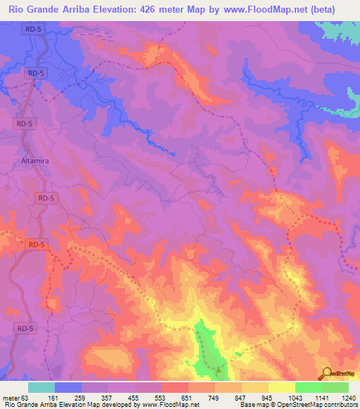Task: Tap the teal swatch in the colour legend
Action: pos(41,387)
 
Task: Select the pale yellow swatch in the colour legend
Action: pos(282,387)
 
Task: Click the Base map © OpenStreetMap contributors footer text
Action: pos(297,405)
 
